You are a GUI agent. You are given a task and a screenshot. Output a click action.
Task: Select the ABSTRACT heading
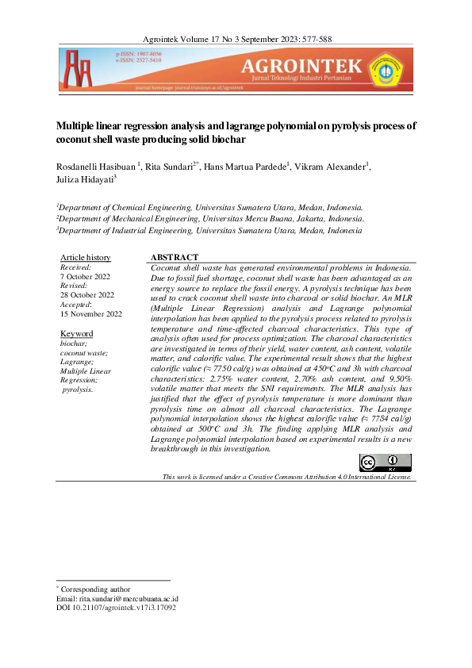(174, 258)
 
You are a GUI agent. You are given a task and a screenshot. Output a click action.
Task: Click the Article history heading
(86, 258)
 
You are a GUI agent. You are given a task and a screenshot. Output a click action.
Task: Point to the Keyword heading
(76, 334)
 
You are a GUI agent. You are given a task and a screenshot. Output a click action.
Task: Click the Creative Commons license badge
(386, 463)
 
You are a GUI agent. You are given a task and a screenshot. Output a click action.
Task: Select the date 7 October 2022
(86, 277)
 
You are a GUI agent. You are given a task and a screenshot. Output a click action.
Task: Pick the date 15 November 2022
(91, 314)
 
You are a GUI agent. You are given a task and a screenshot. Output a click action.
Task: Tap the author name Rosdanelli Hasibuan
(96, 166)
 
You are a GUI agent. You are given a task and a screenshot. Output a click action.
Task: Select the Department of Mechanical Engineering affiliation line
(211, 217)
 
